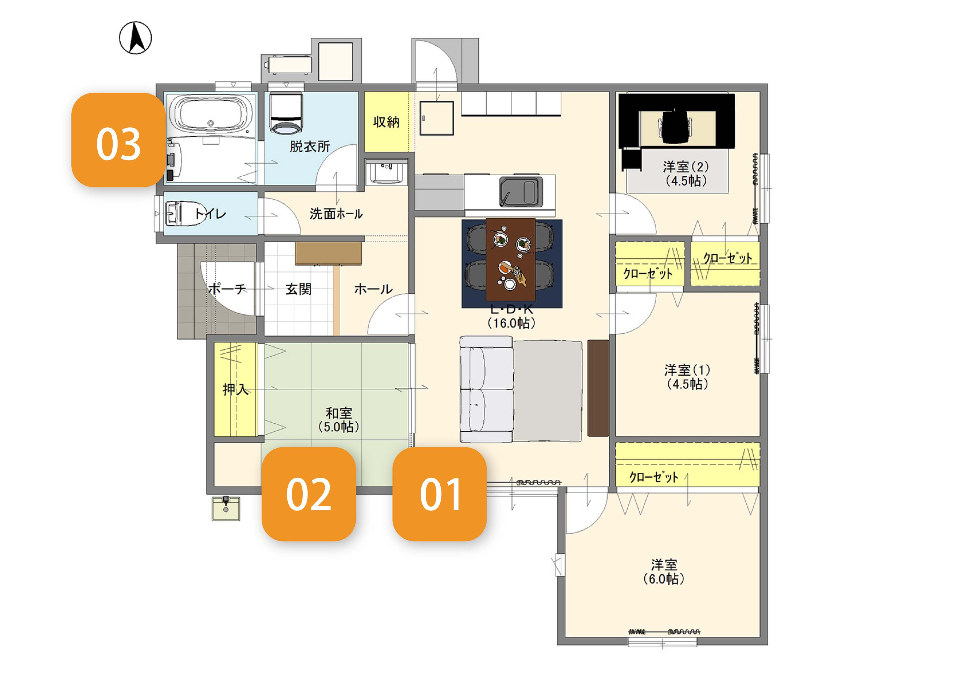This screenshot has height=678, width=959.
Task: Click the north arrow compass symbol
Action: coord(135,38)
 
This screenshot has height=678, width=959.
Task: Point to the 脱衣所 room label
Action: coord(310,147)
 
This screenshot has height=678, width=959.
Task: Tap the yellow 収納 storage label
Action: coord(386,122)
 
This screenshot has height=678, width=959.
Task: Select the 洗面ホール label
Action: coord(336,214)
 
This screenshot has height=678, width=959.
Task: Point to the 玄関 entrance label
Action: coord(299,289)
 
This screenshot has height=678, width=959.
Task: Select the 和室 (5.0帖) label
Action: coord(339,420)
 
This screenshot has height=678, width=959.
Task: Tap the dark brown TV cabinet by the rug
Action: coord(598,388)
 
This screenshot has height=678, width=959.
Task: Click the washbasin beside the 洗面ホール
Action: coord(386,172)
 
